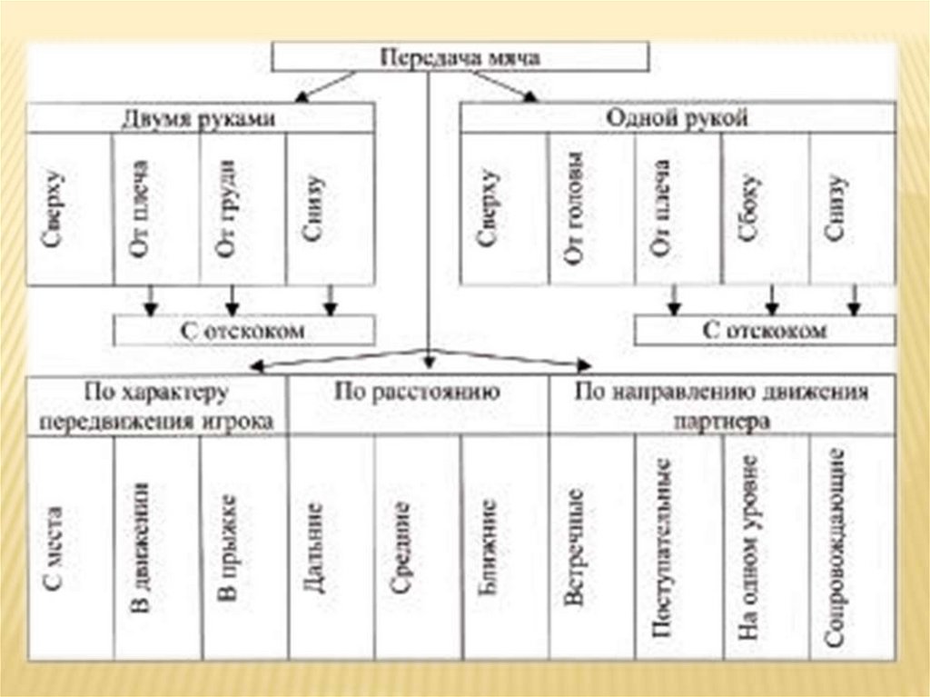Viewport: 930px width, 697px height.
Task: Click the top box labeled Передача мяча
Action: [460, 57]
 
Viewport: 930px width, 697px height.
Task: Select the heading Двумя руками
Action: [199, 118]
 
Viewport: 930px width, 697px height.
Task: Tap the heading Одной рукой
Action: [677, 118]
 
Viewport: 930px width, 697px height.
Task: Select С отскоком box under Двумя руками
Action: [242, 330]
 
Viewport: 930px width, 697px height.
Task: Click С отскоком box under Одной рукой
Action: [764, 330]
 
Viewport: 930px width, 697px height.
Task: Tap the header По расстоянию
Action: [417, 393]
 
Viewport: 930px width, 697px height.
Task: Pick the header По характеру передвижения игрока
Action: [158, 405]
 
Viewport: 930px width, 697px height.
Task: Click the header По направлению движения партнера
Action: [722, 405]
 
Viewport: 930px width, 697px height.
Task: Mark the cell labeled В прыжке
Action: [228, 548]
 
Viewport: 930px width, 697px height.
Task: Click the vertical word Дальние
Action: [314, 548]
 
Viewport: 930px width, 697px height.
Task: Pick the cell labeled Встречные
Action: [575, 548]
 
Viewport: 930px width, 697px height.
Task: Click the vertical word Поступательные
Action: [664, 548]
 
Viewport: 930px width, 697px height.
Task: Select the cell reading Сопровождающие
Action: [837, 548]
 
